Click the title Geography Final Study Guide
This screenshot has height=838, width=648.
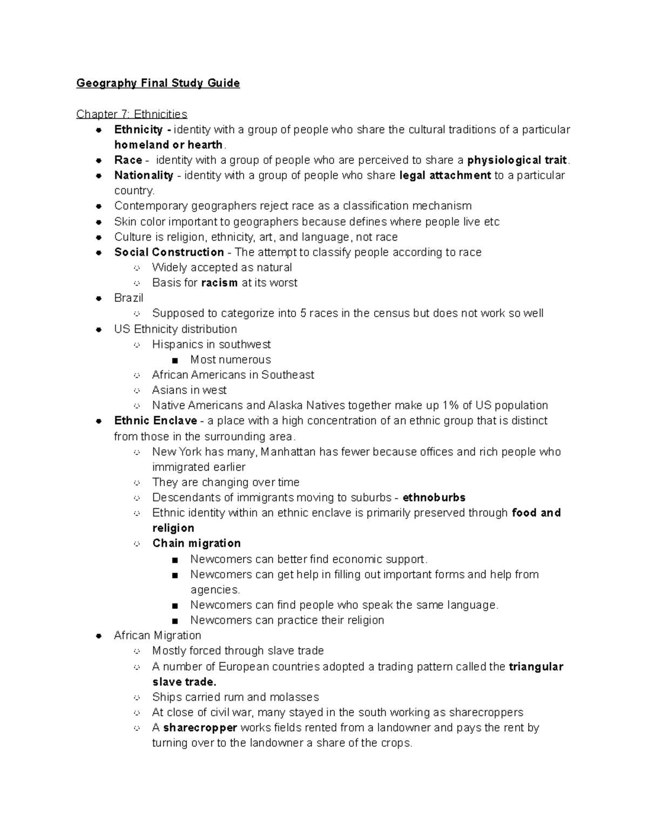pyautogui.click(x=158, y=83)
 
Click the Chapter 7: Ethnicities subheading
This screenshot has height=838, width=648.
pyautogui.click(x=131, y=114)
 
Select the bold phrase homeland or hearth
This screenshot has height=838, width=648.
pyautogui.click(x=168, y=145)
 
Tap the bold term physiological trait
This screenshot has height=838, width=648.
pyautogui.click(x=517, y=160)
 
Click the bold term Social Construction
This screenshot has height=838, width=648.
pyautogui.click(x=169, y=252)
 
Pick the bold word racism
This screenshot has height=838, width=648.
pyautogui.click(x=219, y=283)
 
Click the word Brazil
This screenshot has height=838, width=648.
pyautogui.click(x=129, y=298)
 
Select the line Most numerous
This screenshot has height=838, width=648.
pyautogui.click(x=231, y=359)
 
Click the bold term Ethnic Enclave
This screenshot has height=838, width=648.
pyautogui.click(x=156, y=420)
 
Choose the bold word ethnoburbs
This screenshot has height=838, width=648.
pyautogui.click(x=434, y=498)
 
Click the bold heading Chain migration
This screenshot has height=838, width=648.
pyautogui.click(x=197, y=543)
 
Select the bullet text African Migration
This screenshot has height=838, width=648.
pyautogui.click(x=158, y=635)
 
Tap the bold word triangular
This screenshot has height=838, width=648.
pyautogui.click(x=536, y=667)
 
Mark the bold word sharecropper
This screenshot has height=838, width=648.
pyautogui.click(x=200, y=728)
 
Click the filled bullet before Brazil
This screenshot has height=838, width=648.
pyautogui.click(x=99, y=298)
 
